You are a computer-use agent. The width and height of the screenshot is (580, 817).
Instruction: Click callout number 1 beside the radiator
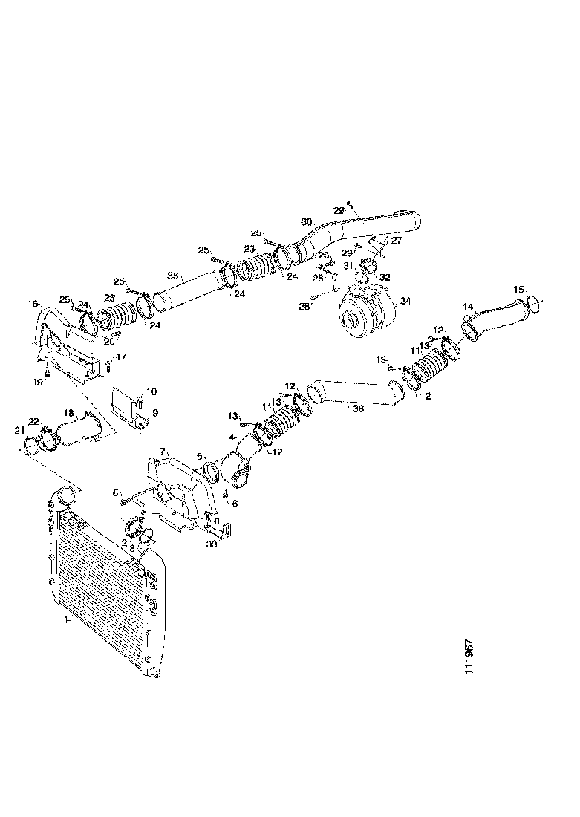[x=67, y=617]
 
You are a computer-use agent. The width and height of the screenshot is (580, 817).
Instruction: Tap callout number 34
[x=405, y=302]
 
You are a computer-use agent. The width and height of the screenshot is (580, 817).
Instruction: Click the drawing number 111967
[x=471, y=654]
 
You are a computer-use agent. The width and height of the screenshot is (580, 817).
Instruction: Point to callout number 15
[x=519, y=289]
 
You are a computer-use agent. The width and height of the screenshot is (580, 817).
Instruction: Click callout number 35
[x=172, y=276]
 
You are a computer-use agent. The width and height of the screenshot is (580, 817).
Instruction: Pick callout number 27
[x=397, y=241]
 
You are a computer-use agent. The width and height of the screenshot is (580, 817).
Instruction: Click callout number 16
[x=32, y=303]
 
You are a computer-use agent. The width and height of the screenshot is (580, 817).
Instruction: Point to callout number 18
[x=68, y=412]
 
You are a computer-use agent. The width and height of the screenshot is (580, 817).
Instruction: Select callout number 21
[x=19, y=431]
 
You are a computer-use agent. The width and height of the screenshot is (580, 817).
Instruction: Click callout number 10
[x=151, y=391]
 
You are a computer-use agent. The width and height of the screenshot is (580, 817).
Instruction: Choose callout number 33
[x=212, y=544]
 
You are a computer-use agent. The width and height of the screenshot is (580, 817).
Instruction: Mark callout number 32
[x=385, y=276]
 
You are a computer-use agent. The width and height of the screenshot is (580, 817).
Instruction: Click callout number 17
[x=121, y=357]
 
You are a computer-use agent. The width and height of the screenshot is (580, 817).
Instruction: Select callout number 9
[x=155, y=412]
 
